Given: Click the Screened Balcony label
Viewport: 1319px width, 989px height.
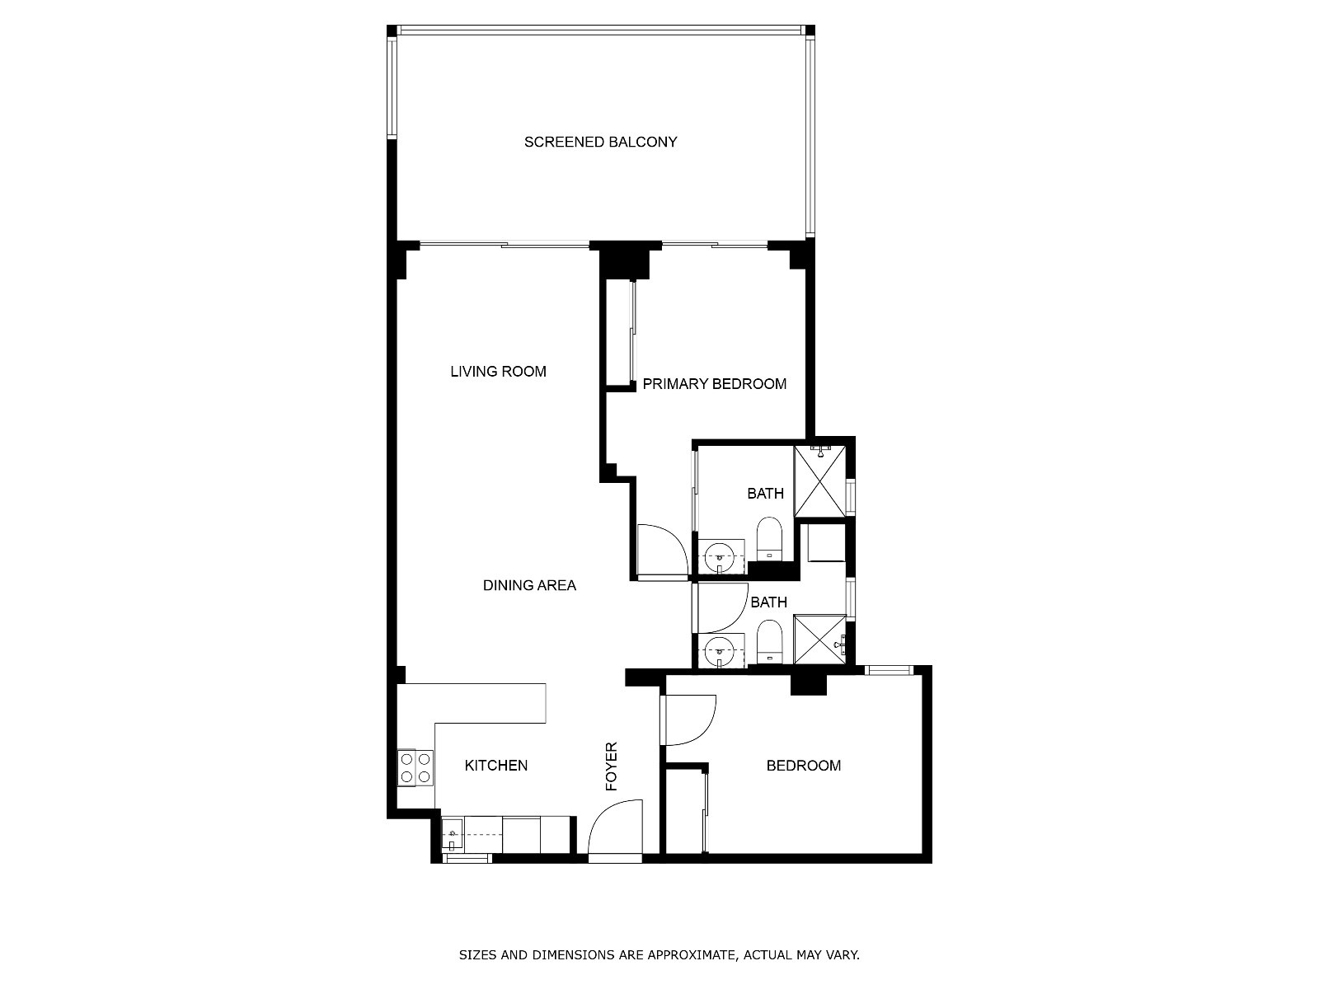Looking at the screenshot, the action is pyautogui.click(x=600, y=142).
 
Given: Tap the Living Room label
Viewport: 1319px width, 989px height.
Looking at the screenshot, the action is pyautogui.click(x=498, y=371).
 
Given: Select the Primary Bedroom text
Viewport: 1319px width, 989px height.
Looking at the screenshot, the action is pyautogui.click(x=715, y=384).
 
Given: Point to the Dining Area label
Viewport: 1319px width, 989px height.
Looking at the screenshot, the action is pyautogui.click(x=529, y=585).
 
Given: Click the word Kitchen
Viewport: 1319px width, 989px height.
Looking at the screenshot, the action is pyautogui.click(x=495, y=765).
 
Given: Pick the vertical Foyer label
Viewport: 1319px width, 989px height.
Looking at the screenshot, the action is pyautogui.click(x=611, y=766).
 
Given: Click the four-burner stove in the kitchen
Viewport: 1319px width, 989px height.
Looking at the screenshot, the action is pyautogui.click(x=415, y=767).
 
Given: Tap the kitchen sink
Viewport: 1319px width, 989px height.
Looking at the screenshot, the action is pyautogui.click(x=452, y=834).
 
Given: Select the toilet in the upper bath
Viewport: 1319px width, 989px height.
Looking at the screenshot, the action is pyautogui.click(x=768, y=539).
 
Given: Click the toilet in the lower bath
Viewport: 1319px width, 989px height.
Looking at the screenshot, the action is pyautogui.click(x=768, y=642).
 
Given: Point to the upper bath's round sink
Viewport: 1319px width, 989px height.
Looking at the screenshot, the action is pyautogui.click(x=720, y=556).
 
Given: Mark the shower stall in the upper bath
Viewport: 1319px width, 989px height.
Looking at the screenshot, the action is pyautogui.click(x=819, y=481).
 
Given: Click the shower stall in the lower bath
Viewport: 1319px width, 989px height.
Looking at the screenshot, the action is pyautogui.click(x=819, y=639).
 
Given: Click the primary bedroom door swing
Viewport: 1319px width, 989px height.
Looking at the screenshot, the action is pyautogui.click(x=662, y=550).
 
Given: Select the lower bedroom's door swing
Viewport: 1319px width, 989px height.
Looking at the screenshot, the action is pyautogui.click(x=688, y=720).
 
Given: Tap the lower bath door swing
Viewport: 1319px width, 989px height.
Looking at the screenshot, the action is pyautogui.click(x=720, y=607).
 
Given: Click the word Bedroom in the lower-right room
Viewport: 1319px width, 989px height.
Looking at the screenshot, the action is pyautogui.click(x=804, y=765).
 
